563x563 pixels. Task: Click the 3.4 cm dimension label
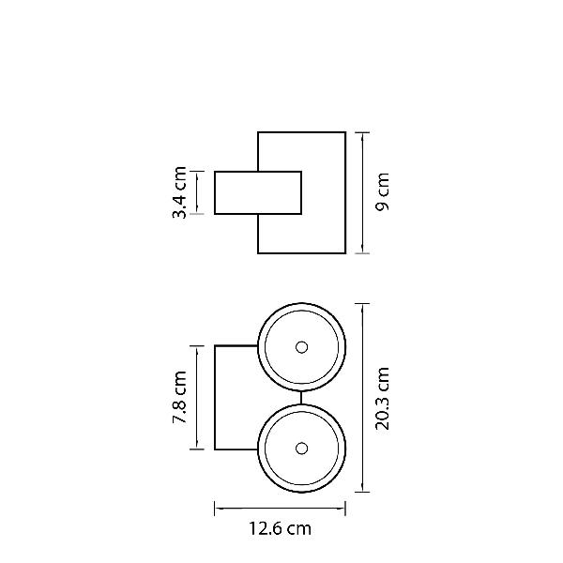click(x=179, y=192)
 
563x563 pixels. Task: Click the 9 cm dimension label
click(x=382, y=191)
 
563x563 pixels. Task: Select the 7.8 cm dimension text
click(x=179, y=397)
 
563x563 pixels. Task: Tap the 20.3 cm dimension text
click(x=382, y=398)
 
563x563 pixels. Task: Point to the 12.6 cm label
click(x=280, y=528)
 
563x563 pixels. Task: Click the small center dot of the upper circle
click(x=301, y=347)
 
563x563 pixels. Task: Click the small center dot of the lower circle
click(x=301, y=449)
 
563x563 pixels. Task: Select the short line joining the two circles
click(x=301, y=398)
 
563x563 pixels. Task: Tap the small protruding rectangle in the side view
click(x=258, y=192)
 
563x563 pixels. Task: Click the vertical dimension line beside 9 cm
click(x=362, y=192)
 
